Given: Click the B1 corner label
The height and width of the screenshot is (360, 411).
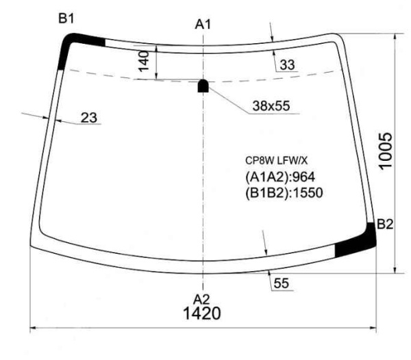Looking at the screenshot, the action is coord(66,18).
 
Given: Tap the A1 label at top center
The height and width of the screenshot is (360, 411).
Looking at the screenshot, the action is coord(203,25).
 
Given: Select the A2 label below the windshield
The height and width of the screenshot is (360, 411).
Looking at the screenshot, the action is coord(201,299).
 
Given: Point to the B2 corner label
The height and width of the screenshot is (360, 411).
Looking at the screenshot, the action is coord(385,224).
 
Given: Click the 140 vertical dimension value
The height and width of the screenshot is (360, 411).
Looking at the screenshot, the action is coord(144,61).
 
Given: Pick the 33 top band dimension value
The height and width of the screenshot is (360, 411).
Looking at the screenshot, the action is coord(287,64).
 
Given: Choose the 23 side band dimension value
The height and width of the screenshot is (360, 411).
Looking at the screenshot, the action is coord(89,118).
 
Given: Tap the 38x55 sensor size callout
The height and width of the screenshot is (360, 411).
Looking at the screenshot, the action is coord(271,106).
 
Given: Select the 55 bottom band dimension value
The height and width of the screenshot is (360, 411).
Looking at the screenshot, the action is coord(282,283).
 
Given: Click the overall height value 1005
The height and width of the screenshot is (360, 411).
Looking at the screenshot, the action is coord(386,151).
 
